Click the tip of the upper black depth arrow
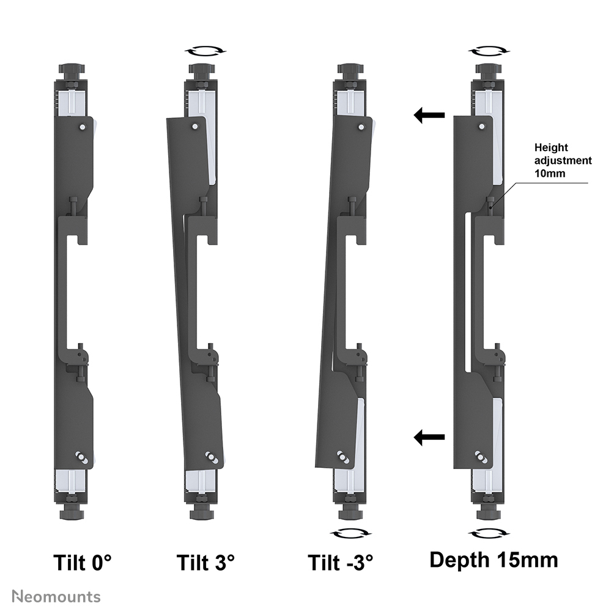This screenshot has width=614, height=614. pyautogui.click(x=414, y=115)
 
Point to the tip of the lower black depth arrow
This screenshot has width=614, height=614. pyautogui.click(x=414, y=437)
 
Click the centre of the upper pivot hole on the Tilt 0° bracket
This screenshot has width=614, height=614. pyautogui.click(x=82, y=127)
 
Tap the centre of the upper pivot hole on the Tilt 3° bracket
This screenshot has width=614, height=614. pyautogui.click(x=194, y=127)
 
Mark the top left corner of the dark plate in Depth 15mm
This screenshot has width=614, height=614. pyautogui.click(x=454, y=116)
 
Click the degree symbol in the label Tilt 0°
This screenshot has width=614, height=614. pyautogui.click(x=107, y=557)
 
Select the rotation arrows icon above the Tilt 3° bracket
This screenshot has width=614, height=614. pyautogui.click(x=205, y=51)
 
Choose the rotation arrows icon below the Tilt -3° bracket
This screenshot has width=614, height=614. pyautogui.click(x=351, y=533)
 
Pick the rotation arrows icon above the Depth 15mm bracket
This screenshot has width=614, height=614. pyautogui.click(x=489, y=51)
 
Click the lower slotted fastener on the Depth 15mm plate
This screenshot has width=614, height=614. pyautogui.click(x=481, y=457)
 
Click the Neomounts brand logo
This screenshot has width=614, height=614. pyautogui.click(x=56, y=597)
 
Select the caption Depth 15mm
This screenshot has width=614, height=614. pyautogui.click(x=494, y=560)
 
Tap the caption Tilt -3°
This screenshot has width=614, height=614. pyautogui.click(x=340, y=563)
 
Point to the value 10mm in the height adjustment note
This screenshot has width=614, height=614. pyautogui.click(x=550, y=173)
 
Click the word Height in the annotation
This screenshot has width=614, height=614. pyautogui.click(x=551, y=148)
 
